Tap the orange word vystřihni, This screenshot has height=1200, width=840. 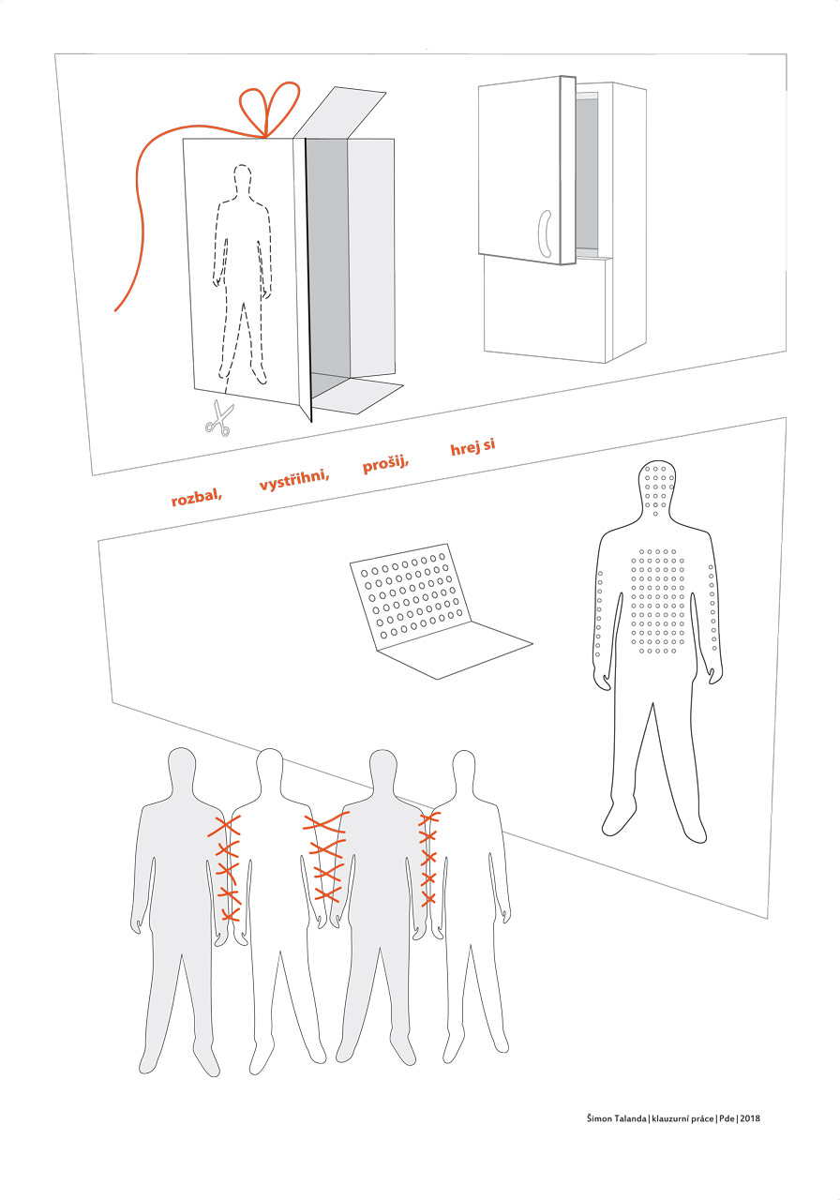(x=293, y=478)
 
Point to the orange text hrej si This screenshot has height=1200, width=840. (x=472, y=446)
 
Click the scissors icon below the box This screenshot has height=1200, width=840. (x=219, y=418)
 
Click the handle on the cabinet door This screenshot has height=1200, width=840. (x=545, y=233)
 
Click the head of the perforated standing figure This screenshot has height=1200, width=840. (x=657, y=487)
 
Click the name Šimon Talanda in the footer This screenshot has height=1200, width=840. (x=616, y=1118)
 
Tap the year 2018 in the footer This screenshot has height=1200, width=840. (x=750, y=1118)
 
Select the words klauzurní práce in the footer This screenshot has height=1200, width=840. (x=682, y=1118)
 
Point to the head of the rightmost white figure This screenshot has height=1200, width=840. (x=464, y=771)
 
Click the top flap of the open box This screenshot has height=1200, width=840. (x=339, y=112)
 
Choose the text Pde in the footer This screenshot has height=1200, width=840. (x=727, y=1118)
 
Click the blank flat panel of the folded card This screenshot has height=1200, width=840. (x=456, y=650)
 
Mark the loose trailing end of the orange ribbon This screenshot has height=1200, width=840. (x=115, y=310)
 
